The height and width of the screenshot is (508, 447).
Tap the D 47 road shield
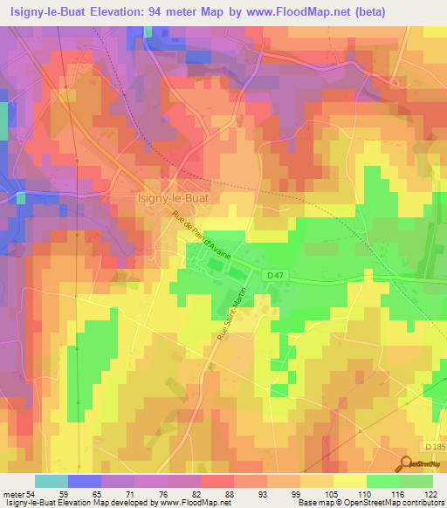pos(277,275)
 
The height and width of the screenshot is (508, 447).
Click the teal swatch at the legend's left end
pos(52,481)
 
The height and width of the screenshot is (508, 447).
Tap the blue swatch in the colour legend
pos(85,481)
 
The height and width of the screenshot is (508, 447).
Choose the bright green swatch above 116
pos(383,481)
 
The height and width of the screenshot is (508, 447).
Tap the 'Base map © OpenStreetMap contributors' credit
pos(370,504)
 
